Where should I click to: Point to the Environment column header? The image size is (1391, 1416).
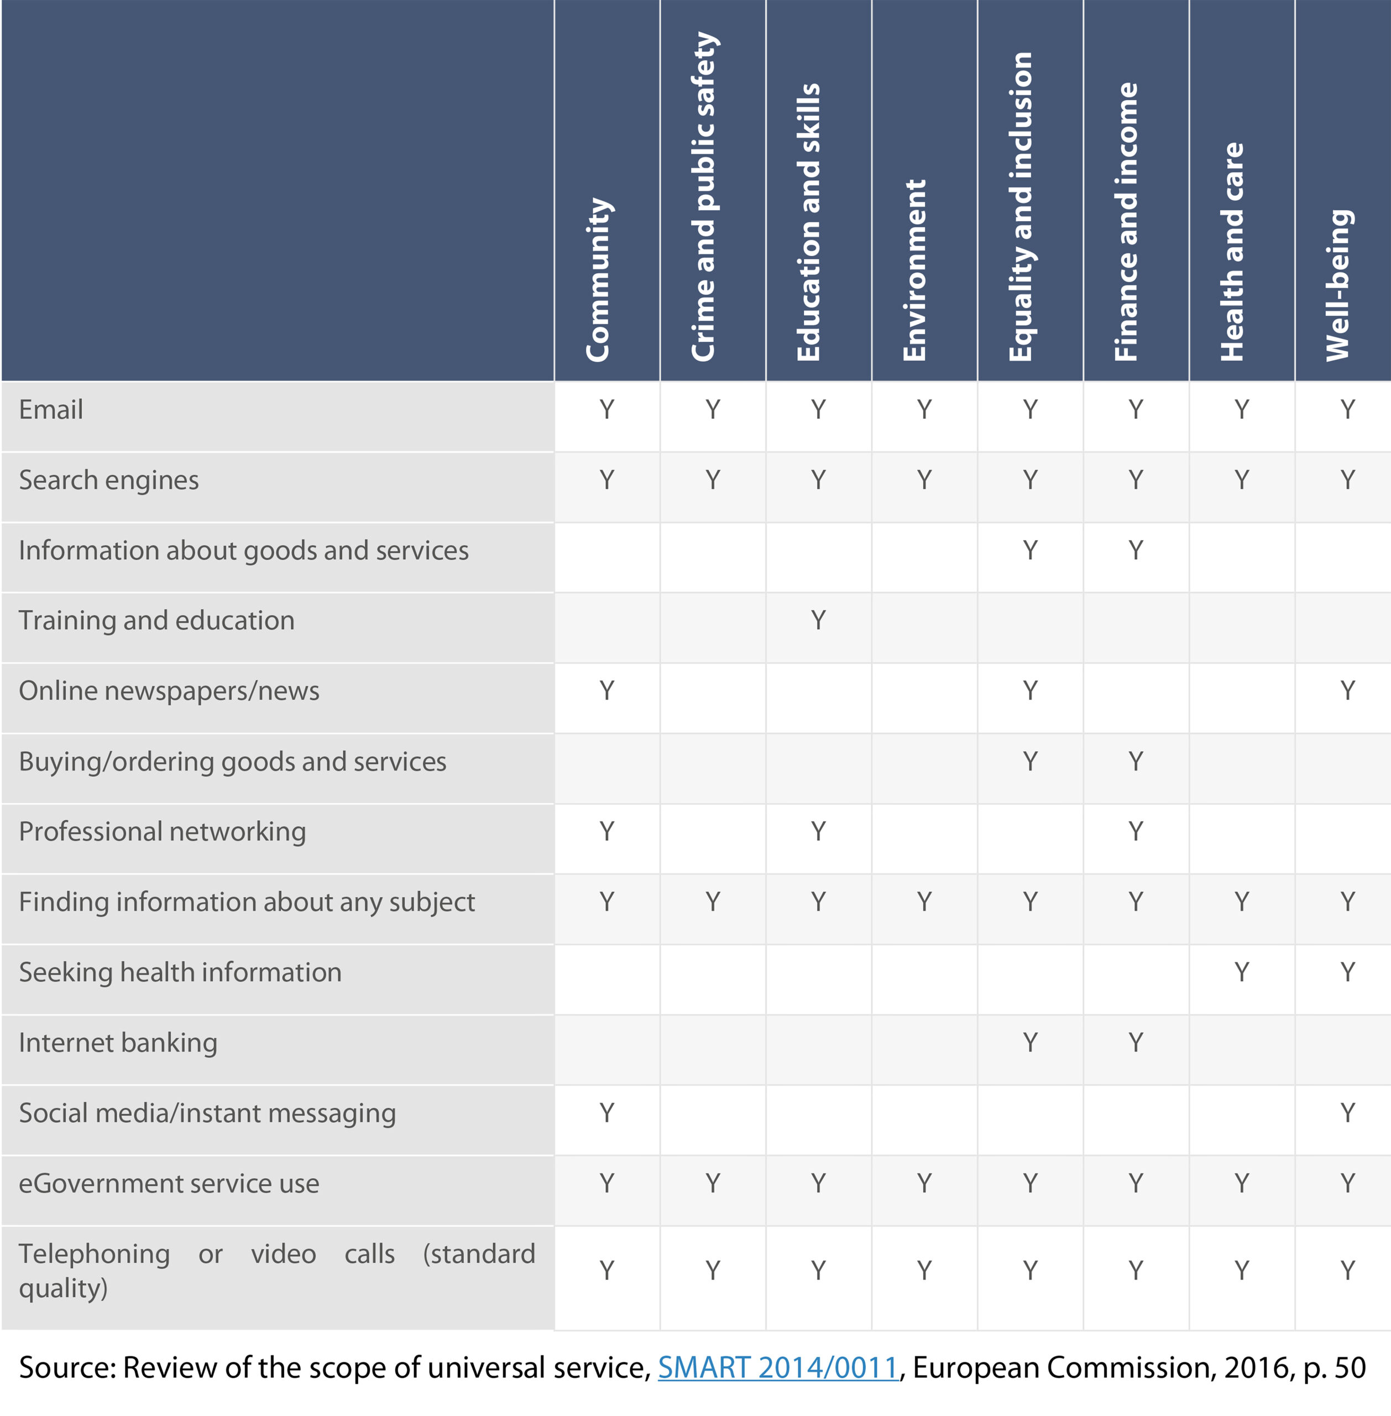(x=914, y=270)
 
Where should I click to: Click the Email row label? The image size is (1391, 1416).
(x=50, y=409)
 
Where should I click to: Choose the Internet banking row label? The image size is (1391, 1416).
(x=118, y=1043)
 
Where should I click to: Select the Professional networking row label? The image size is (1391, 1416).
(x=162, y=832)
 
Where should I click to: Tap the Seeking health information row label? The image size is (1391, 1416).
(x=180, y=972)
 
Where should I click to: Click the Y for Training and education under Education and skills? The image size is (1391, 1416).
(x=818, y=620)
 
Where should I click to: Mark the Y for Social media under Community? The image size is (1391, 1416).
(x=606, y=1113)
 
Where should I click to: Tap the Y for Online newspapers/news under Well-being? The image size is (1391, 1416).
(x=1347, y=690)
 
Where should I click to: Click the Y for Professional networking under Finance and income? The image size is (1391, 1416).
(x=1136, y=831)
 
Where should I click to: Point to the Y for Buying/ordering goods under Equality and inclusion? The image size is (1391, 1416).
(x=1030, y=761)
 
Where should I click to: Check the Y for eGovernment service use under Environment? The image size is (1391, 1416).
(x=924, y=1183)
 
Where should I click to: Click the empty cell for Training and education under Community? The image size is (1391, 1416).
(x=607, y=627)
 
